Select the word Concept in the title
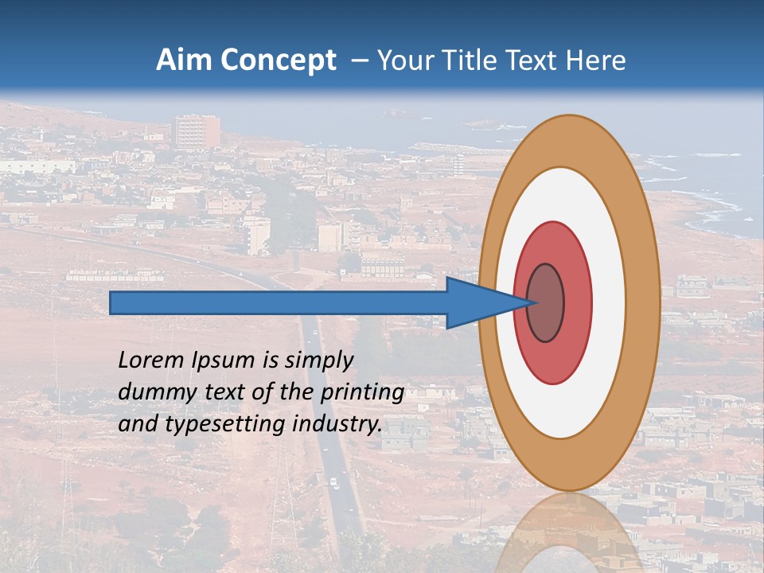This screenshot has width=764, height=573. point(279,61)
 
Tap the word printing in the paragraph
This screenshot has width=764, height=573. point(361,392)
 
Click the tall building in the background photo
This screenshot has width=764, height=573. point(197,132)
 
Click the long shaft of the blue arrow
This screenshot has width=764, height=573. point(279,302)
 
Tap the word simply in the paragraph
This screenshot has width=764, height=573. point(318,361)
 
